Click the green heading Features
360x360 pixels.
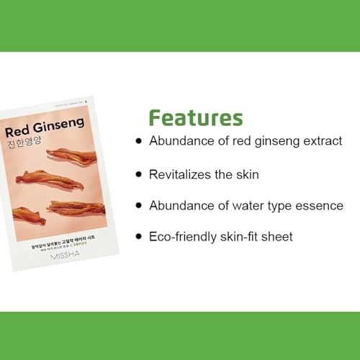pyautogui.click(x=195, y=118)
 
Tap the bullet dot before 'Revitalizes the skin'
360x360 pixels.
pyautogui.click(x=138, y=174)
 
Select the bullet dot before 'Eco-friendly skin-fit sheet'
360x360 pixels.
pyautogui.click(x=138, y=237)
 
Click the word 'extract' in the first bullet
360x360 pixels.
pyautogui.click(x=319, y=141)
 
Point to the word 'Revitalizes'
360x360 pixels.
pyautogui.click(x=181, y=174)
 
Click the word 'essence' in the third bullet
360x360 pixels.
pyautogui.click(x=319, y=205)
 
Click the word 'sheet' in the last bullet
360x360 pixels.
pyautogui.click(x=276, y=237)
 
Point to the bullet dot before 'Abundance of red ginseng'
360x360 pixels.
pyautogui.click(x=138, y=141)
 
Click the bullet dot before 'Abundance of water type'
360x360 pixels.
pyautogui.click(x=138, y=205)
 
